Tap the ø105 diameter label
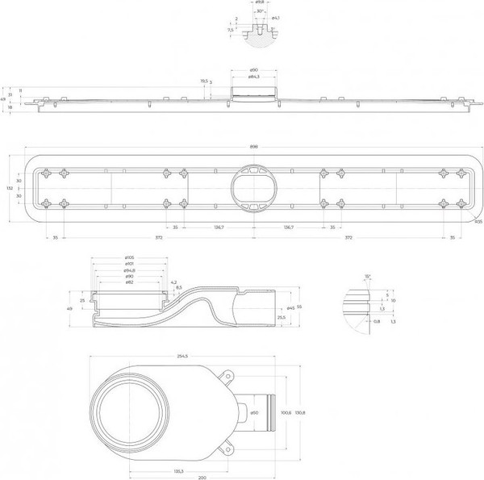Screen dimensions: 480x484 pos(128,258)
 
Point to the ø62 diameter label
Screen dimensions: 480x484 pos(128,282)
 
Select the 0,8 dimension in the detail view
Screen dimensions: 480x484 pos(354,320)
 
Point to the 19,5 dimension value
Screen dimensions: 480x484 pos(205,81)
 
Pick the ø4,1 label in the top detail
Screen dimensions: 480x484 pos(276,18)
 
